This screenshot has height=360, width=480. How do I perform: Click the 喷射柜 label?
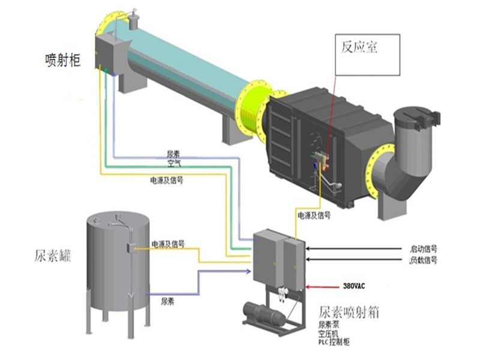click(62, 59)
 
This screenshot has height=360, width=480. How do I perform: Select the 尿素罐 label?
click(53, 257)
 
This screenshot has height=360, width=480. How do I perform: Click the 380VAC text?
click(355, 286)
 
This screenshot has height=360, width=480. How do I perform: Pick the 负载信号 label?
click(423, 260)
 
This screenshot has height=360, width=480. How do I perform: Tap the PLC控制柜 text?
click(336, 340)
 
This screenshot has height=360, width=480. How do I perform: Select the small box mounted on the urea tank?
click(130, 248)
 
